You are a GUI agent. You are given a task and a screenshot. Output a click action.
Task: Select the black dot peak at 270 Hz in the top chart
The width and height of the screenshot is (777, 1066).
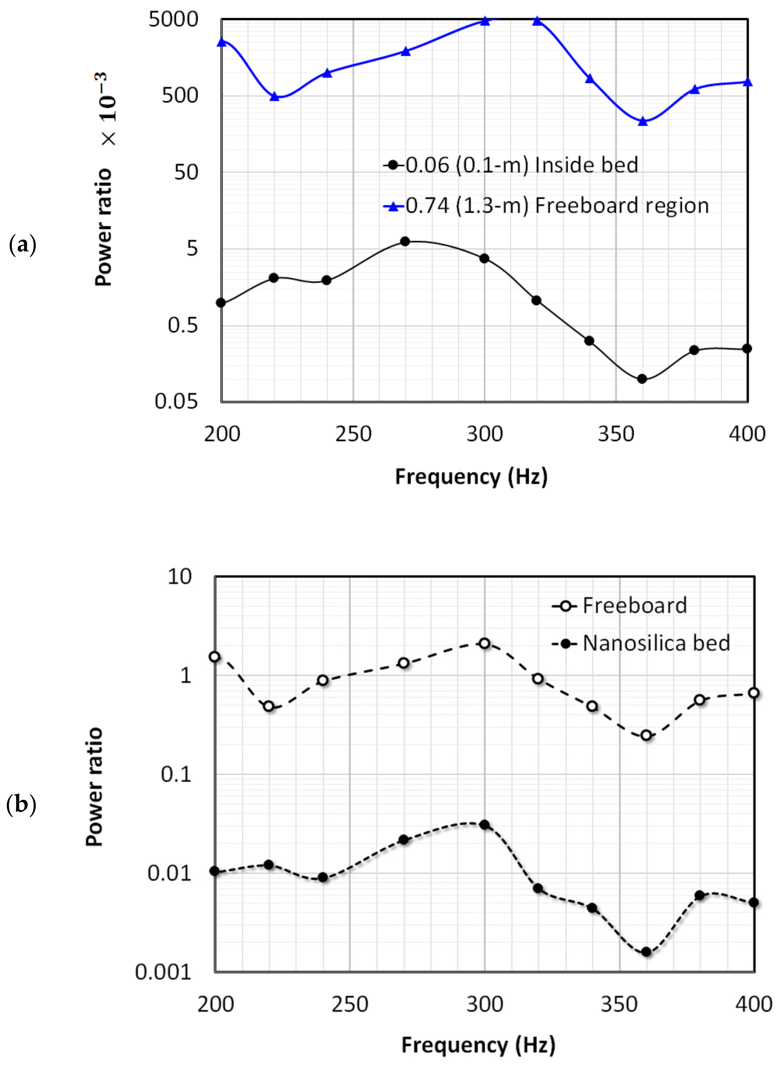[405, 241]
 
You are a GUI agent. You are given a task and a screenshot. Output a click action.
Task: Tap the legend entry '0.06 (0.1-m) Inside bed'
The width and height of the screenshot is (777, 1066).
[511, 165]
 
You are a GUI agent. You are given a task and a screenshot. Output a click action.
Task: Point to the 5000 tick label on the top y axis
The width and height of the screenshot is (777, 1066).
[173, 20]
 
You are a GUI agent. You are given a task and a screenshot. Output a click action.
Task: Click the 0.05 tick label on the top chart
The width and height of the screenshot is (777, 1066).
[176, 401]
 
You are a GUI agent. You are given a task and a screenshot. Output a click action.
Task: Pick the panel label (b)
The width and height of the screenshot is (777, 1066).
[21, 805]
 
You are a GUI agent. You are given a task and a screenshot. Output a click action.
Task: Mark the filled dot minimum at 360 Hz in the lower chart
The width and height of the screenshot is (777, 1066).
[646, 952]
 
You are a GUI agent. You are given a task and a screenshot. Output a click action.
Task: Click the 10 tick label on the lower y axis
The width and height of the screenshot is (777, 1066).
[180, 577]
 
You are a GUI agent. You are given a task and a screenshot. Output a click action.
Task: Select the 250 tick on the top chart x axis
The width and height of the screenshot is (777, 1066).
[353, 434]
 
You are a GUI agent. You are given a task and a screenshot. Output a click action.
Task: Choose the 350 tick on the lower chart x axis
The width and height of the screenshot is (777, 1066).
[619, 1004]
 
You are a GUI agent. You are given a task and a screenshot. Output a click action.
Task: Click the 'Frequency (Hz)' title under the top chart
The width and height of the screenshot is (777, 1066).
[471, 477]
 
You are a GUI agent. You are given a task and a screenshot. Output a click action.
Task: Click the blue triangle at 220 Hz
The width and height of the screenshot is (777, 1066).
[275, 97]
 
